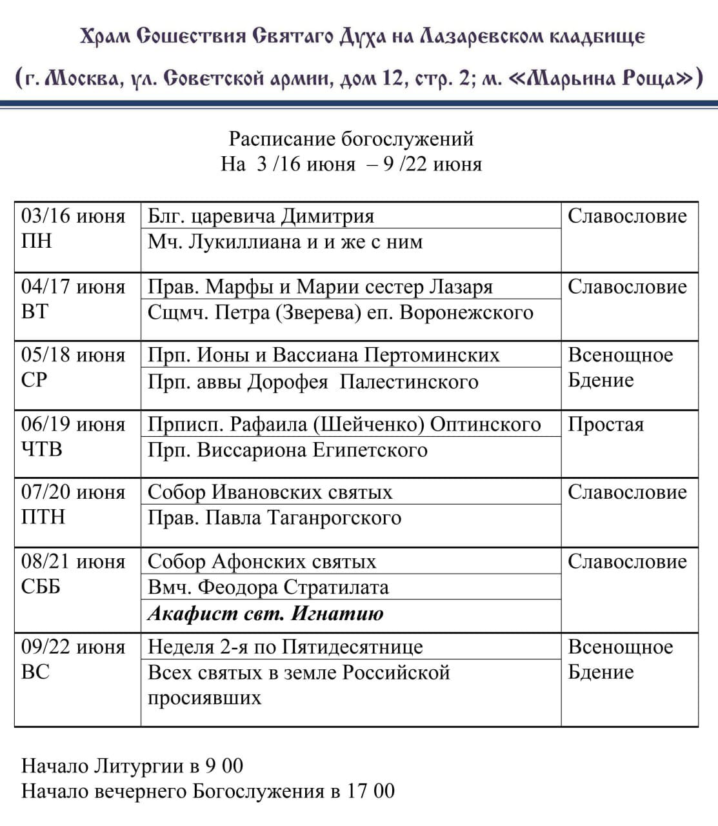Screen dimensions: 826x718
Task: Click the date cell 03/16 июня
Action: [73, 216]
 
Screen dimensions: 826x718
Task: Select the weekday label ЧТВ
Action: [42, 449]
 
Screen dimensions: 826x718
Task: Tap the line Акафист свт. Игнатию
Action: [265, 613]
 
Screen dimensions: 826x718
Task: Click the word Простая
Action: [605, 425]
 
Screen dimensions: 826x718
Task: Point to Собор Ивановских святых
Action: [270, 492]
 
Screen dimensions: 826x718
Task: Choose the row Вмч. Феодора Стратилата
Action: [268, 587]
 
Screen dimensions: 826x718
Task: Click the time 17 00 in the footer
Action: [370, 791]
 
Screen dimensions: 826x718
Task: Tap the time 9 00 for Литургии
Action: [224, 766]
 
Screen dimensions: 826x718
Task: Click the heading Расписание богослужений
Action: [351, 139]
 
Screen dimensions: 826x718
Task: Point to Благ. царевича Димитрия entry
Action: [261, 216]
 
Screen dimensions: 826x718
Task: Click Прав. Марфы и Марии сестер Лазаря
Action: [320, 287]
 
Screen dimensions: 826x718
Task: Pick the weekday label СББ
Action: [41, 587]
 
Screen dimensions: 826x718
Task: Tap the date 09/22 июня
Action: [73, 647]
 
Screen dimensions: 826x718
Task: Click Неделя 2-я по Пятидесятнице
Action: [285, 647]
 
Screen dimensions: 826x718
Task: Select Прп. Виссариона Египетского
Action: [287, 450]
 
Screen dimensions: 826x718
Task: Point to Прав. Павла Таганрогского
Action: [274, 518]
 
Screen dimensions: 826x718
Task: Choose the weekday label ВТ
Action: [35, 312]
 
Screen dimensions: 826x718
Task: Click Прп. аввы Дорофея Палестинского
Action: [313, 381]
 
